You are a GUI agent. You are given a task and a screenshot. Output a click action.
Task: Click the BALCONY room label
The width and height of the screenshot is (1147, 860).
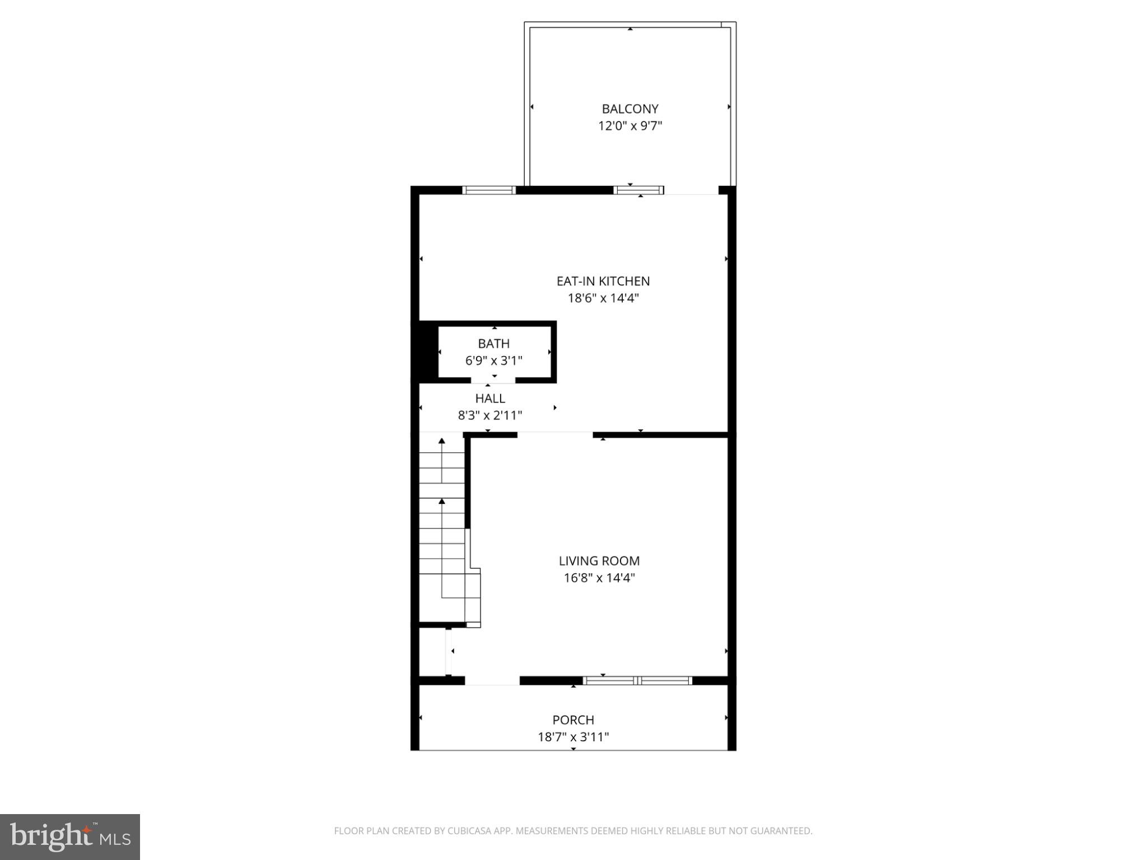pos(630,109)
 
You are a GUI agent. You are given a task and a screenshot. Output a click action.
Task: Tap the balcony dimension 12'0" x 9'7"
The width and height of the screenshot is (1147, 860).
pos(630,126)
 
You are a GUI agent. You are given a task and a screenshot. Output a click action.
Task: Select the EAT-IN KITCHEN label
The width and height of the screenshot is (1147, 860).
pos(603,281)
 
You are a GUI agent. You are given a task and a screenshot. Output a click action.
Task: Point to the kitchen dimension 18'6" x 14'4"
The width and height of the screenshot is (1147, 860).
pos(603,298)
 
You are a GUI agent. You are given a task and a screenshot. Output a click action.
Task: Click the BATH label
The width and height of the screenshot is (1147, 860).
pos(493,343)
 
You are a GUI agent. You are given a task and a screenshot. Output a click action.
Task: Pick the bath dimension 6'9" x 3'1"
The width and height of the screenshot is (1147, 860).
pos(493,361)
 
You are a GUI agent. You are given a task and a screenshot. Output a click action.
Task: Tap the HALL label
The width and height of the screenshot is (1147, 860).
pos(490,398)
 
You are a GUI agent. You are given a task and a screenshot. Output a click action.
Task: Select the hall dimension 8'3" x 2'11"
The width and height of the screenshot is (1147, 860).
pos(490,415)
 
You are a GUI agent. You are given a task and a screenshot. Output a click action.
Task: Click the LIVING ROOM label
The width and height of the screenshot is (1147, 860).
pos(599,560)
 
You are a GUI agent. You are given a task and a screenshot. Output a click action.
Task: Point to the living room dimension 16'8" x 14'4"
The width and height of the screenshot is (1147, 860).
pos(599,578)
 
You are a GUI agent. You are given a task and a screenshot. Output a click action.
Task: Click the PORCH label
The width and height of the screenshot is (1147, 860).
pos(573,719)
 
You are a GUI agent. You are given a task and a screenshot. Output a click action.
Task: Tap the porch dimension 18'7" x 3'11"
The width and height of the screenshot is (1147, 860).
pos(573,737)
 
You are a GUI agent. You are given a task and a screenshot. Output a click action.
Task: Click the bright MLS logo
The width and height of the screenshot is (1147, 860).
pos(70,836)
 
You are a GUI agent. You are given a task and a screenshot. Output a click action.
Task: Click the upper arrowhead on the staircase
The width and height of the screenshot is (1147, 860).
pos(442,441)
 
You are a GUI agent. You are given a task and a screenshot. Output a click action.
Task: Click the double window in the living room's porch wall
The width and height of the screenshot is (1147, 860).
pos(637,681)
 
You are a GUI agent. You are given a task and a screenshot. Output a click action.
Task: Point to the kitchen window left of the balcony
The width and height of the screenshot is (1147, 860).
pos(488,190)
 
